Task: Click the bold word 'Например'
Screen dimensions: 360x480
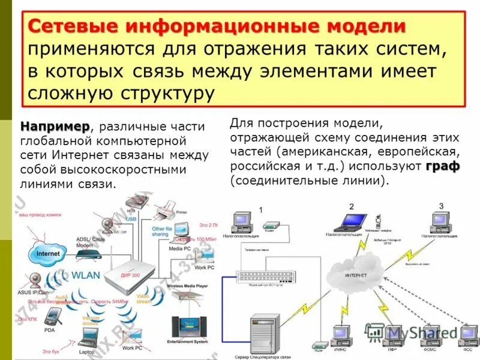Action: click(x=55, y=127)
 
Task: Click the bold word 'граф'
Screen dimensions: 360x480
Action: click(x=443, y=166)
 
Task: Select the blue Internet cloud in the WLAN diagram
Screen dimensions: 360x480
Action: click(x=48, y=254)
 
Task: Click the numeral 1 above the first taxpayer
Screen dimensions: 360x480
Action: click(x=261, y=209)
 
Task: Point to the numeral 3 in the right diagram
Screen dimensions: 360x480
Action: click(x=441, y=206)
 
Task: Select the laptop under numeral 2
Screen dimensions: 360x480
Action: click(x=350, y=223)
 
